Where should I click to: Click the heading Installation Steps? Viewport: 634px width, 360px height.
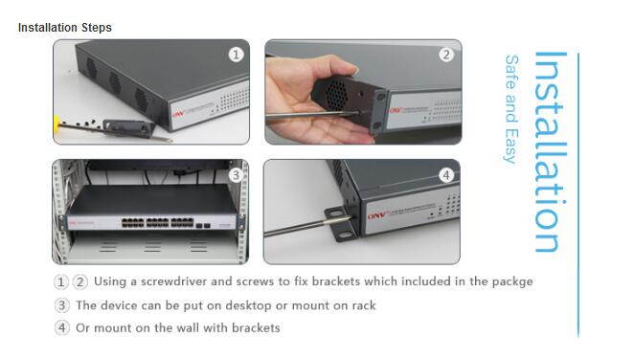pyautogui.click(x=65, y=28)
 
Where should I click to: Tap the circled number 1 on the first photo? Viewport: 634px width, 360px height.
pyautogui.click(x=236, y=55)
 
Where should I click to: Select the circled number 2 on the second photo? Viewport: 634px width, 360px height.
pyautogui.click(x=446, y=55)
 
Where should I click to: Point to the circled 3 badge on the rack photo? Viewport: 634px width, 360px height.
pyautogui.click(x=236, y=174)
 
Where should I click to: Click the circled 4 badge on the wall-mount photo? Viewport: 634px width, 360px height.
pyautogui.click(x=446, y=174)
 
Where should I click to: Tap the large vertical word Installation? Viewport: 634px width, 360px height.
pyautogui.click(x=550, y=153)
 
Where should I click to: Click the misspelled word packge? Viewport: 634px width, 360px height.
pyautogui.click(x=509, y=281)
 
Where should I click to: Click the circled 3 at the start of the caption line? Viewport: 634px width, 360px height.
pyautogui.click(x=62, y=305)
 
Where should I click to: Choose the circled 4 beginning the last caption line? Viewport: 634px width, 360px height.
pyautogui.click(x=62, y=328)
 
